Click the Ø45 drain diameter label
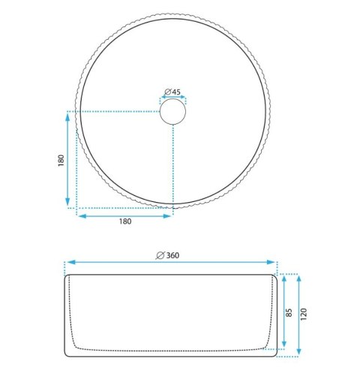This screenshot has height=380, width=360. click(x=172, y=92)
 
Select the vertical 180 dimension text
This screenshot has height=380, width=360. click(x=61, y=161)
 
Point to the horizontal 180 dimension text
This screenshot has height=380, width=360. click(x=125, y=222)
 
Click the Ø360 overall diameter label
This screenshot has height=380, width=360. click(x=167, y=255)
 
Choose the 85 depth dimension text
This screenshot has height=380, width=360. click(x=289, y=312)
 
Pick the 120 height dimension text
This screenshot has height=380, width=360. click(x=303, y=315)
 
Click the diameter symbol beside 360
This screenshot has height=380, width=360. click(x=160, y=255)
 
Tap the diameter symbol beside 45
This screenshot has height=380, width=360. click(x=168, y=92)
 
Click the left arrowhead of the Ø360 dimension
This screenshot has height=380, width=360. click(x=71, y=262)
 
